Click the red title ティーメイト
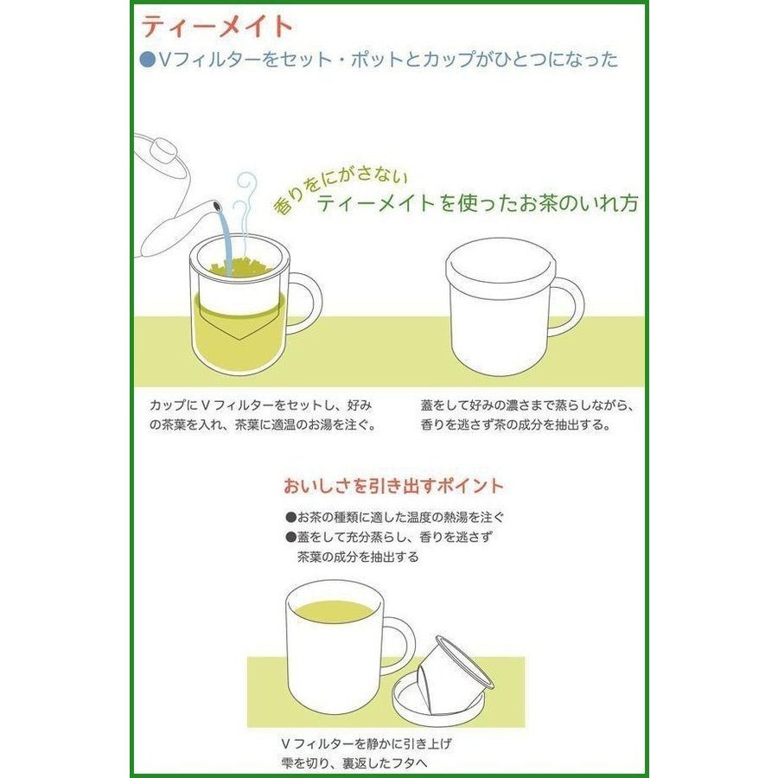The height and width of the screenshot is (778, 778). point(217,27)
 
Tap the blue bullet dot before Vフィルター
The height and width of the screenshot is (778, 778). point(147,60)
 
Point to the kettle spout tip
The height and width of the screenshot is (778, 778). point(216,206)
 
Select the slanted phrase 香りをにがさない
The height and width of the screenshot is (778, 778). point(340,190)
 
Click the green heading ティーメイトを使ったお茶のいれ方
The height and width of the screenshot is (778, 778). point(477,203)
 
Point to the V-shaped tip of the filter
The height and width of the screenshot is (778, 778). point(239,340)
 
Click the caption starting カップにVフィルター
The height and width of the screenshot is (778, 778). point(262,415)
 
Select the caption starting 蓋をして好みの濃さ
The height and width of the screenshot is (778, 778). point(527,415)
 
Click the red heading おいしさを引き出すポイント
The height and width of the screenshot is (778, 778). point(393,486)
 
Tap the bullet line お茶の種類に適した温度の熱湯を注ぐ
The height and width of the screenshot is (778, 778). point(395,518)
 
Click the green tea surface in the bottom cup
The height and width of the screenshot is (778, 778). point(335,610)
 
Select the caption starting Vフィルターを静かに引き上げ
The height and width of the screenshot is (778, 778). point(367,754)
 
